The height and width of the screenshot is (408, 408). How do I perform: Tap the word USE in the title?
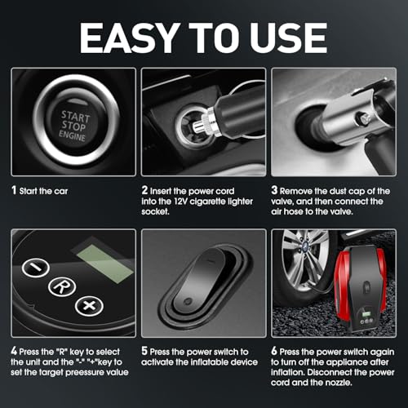point(289,38)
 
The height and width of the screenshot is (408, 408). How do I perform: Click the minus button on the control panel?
point(36,268)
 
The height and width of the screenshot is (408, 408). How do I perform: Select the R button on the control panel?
point(62,286)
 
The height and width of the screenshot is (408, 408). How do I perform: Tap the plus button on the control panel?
point(89,306)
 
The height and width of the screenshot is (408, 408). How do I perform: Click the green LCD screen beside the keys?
point(105,264)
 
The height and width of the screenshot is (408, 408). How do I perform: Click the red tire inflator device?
point(361,288)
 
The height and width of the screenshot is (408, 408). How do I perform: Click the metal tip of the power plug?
point(199,126)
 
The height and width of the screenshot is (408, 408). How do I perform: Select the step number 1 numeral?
point(14,190)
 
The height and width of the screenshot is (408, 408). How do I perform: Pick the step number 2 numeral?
point(144,190)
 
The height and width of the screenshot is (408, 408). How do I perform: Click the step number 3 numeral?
point(274,190)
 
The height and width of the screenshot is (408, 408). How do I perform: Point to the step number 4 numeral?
point(14,351)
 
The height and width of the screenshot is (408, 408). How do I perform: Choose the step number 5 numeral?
point(144,351)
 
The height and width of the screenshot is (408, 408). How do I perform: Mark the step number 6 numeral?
point(274,351)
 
